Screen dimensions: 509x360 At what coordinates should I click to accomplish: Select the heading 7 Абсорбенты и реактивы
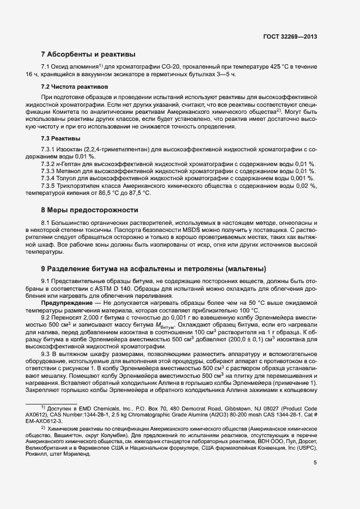[88, 54]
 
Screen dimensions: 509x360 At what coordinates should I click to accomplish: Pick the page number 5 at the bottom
[315, 463]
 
